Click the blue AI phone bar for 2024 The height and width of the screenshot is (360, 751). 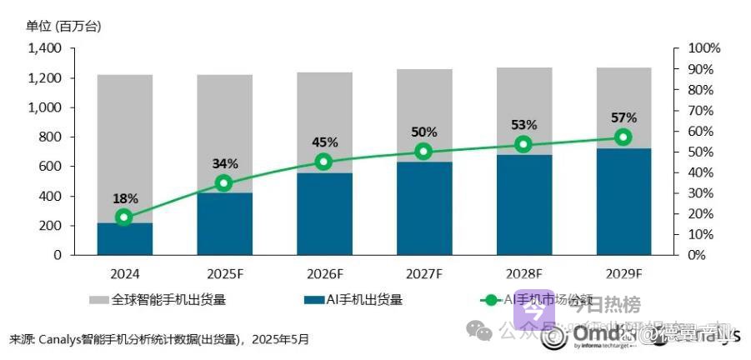point(124,238)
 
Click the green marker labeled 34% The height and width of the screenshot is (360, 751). point(223,183)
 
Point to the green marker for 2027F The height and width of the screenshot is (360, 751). point(423,152)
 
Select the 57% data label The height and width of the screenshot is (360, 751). point(623,117)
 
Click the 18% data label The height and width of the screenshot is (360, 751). point(124,198)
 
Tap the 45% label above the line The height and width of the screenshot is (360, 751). point(324,141)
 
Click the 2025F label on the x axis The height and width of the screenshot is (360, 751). point(223,273)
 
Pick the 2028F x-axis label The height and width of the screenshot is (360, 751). point(523,273)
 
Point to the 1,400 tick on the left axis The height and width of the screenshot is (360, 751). point(45,48)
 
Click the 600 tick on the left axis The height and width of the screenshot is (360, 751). point(51,167)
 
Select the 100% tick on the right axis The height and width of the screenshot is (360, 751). point(702,48)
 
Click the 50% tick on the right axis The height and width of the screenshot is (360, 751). point(698,152)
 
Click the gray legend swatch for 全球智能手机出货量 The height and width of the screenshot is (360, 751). point(100,299)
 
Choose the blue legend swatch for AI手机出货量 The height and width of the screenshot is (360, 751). point(315,299)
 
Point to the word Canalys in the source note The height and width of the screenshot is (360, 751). point(61,340)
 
